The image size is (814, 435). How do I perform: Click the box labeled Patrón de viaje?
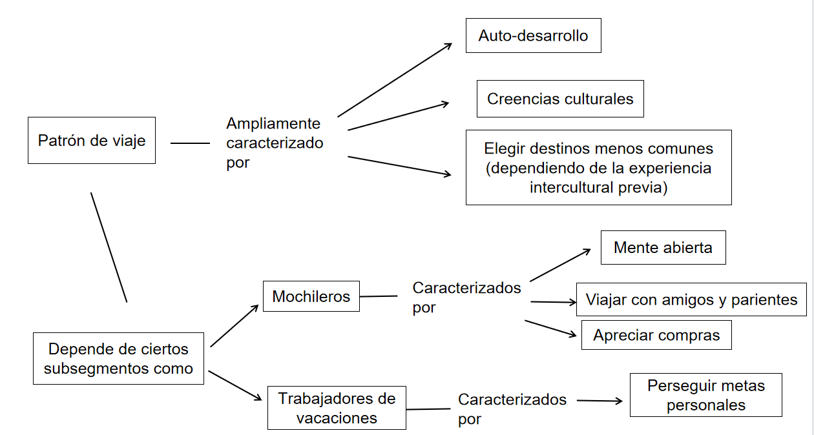point(92,140)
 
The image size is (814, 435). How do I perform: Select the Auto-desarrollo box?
point(533,35)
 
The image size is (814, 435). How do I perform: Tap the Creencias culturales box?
point(560,99)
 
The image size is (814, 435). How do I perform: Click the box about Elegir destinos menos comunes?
point(598,167)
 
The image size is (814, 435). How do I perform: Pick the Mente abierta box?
point(663,247)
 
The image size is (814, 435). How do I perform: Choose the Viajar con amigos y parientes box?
point(691,299)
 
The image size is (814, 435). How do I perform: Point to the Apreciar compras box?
point(656,335)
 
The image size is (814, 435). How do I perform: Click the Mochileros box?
point(311,296)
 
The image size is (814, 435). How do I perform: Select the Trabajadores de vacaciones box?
point(337,407)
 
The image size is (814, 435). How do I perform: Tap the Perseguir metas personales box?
point(705,395)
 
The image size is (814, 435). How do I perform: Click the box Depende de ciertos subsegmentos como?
point(118,359)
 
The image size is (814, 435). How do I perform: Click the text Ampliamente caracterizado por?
point(275,143)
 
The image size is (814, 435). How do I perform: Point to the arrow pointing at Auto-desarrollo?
point(394,80)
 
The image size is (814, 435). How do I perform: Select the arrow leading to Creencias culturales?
point(398,116)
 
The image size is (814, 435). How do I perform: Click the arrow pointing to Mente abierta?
point(560,265)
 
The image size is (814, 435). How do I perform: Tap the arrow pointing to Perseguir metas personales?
point(600,401)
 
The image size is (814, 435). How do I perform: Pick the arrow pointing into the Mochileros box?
point(235,326)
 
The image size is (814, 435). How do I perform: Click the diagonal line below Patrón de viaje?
point(109,247)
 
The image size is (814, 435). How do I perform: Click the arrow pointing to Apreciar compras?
point(550,328)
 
